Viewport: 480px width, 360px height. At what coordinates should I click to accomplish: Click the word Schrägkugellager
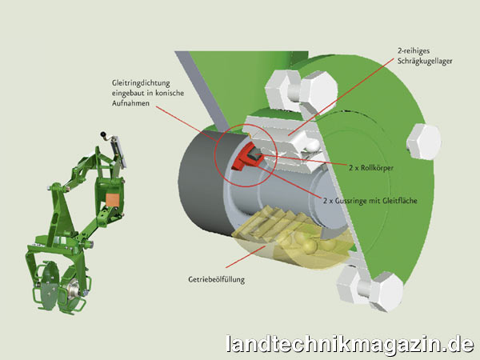(425, 62)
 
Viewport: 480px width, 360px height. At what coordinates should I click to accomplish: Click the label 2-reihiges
(414, 51)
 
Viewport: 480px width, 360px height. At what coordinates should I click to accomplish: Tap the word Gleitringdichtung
(141, 83)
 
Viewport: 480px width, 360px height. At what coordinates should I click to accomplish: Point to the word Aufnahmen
(130, 103)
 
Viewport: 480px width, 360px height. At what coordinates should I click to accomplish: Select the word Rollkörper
(377, 168)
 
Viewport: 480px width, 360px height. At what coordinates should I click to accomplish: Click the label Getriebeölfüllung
(217, 279)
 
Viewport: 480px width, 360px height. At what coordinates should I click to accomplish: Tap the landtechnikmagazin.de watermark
(350, 344)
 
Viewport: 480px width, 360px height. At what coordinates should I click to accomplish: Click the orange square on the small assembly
(112, 200)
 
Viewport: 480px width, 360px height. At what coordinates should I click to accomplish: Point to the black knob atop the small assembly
(102, 134)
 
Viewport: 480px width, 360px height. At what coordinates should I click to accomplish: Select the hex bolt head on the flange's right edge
(424, 142)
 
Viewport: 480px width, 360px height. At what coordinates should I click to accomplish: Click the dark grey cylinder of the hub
(203, 181)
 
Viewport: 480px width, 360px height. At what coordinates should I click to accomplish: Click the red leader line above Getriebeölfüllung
(246, 257)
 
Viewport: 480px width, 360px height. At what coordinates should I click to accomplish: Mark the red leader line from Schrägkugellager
(341, 97)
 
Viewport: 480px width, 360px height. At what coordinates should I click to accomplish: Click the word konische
(170, 93)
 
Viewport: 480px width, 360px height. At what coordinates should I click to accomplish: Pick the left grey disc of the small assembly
(48, 282)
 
